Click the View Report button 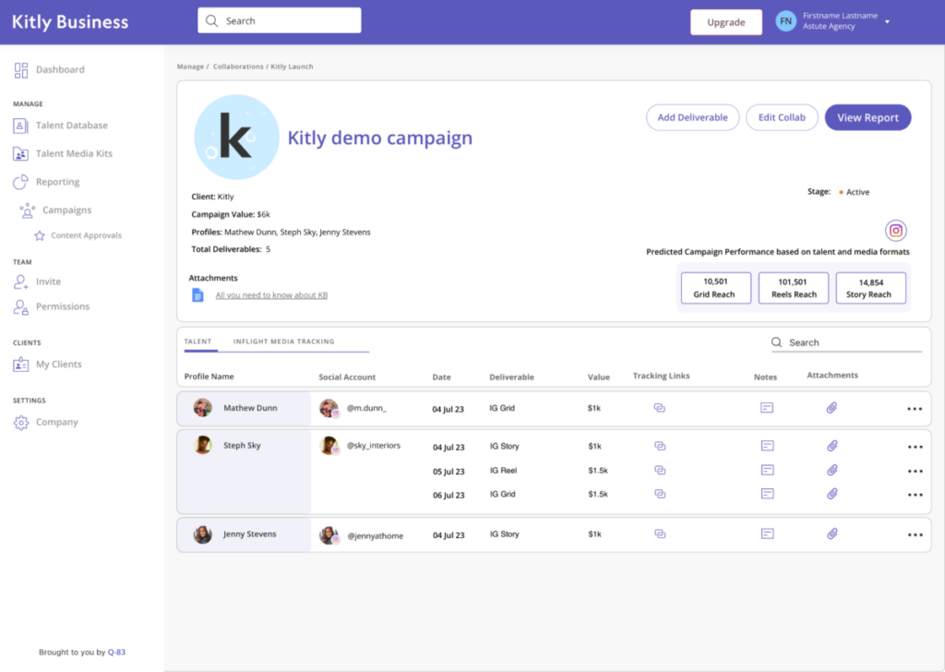(867, 118)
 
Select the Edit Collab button (782, 118)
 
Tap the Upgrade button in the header (725, 22)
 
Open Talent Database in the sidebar (71, 126)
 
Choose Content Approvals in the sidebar (86, 235)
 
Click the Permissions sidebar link (62, 306)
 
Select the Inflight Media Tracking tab (283, 342)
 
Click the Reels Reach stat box (794, 288)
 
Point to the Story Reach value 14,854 (870, 282)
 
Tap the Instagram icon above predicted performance (895, 231)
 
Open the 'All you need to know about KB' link (271, 295)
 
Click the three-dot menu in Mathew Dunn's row (915, 408)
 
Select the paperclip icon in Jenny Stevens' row (831, 534)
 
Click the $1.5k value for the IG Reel (598, 471)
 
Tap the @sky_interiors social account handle (373, 446)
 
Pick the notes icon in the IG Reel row (767, 470)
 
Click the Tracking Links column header (661, 376)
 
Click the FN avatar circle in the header (785, 21)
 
